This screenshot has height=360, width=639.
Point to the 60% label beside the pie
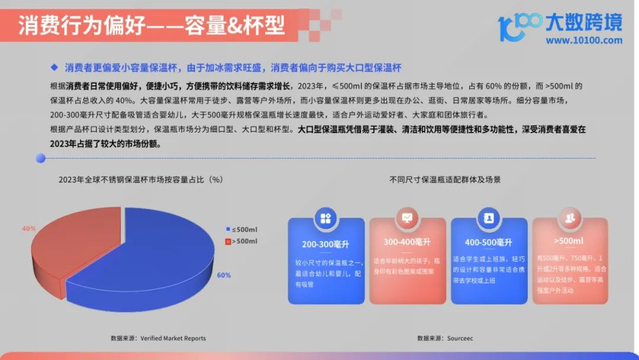[x=224, y=275]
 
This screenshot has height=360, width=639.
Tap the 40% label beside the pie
[x=28, y=229]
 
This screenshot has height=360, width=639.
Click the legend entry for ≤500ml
[x=241, y=230]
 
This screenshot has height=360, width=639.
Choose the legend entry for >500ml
[x=241, y=242]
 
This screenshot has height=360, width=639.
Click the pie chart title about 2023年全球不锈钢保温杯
[x=141, y=180]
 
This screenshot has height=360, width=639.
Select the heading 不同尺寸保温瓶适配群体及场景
[x=445, y=180]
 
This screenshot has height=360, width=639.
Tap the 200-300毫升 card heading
[x=325, y=244]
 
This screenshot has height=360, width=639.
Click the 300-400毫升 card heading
[x=406, y=242]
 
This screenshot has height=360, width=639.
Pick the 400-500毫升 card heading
[x=488, y=243]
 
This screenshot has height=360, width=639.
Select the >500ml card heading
[x=569, y=241]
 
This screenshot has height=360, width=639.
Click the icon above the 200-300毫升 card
[x=325, y=218]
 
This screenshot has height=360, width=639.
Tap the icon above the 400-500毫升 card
[x=489, y=218]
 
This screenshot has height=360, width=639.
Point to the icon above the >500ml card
[x=570, y=218]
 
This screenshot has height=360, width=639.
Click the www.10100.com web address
[x=584, y=40]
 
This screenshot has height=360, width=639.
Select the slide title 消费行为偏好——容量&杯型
[x=151, y=25]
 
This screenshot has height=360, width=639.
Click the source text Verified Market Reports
[x=173, y=339]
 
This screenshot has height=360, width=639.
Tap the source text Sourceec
[x=460, y=339]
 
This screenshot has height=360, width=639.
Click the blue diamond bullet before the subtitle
[x=54, y=67]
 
